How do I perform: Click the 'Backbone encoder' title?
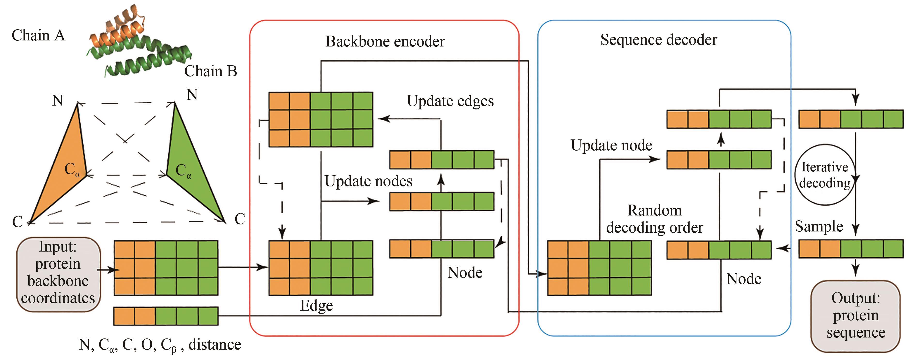click(x=385, y=42)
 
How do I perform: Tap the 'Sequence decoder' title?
click(x=659, y=40)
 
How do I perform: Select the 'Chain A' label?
click(x=38, y=36)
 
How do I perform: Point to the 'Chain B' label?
click(x=210, y=71)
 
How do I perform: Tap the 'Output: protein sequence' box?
click(x=855, y=316)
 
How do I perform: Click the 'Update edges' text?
click(x=450, y=101)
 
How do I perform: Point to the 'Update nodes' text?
click(x=368, y=181)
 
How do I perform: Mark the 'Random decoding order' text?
click(x=654, y=219)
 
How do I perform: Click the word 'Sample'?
click(x=819, y=226)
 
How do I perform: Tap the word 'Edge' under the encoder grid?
click(x=316, y=306)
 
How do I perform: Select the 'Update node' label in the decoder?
click(x=611, y=145)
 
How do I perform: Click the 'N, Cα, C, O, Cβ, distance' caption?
click(x=160, y=345)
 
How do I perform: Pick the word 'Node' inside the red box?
click(x=465, y=273)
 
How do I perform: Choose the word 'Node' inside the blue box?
click(x=743, y=279)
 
